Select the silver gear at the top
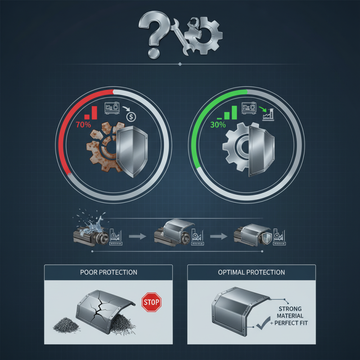pyautogui.click(x=207, y=36)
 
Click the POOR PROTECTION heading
pyautogui.click(x=108, y=272)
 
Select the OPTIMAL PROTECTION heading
pyautogui.click(x=252, y=272)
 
